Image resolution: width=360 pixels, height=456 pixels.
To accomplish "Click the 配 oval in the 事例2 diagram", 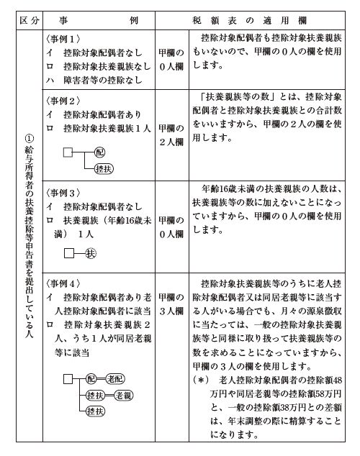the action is click(100, 153).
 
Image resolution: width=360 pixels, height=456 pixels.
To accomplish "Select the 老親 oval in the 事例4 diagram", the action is click(127, 395).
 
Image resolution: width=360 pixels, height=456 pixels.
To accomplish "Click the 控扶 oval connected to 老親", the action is click(95, 395).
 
